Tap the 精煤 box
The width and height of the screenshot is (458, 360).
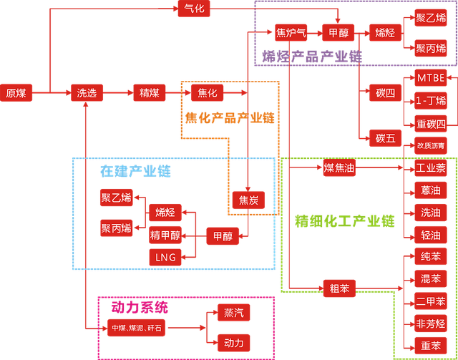click(x=150, y=92)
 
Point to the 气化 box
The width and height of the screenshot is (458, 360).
click(x=194, y=9)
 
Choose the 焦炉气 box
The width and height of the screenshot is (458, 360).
click(x=291, y=33)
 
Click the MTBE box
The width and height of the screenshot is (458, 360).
click(x=431, y=77)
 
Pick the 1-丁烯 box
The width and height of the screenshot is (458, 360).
click(x=431, y=100)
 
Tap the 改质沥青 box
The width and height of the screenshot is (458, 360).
click(x=431, y=146)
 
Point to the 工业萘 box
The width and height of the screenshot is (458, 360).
click(x=431, y=169)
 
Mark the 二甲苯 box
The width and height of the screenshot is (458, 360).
click(x=431, y=301)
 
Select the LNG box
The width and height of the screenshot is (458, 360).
click(x=165, y=256)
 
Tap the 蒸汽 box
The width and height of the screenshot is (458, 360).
click(x=233, y=313)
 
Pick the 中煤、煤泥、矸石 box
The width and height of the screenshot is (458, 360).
click(x=135, y=328)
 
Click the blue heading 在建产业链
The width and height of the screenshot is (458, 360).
click(x=135, y=172)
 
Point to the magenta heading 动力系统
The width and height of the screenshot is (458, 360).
click(x=140, y=307)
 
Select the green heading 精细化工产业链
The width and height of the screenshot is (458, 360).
click(x=344, y=221)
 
